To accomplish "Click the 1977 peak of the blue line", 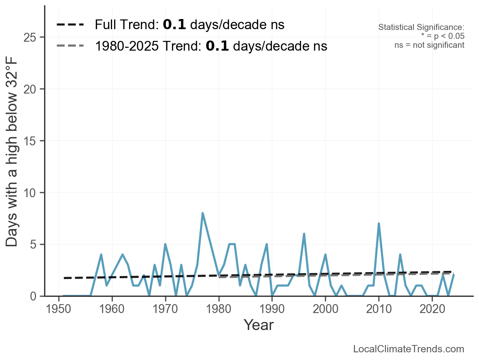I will coord(203,213).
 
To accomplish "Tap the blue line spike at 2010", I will coord(379,224).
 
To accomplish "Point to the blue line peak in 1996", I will coord(304,234).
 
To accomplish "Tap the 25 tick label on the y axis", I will coord(30,38).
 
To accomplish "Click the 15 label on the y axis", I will coord(30,141).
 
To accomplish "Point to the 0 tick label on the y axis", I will coord(34,296).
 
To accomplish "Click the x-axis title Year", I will coord(259,325).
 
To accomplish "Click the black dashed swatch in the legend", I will coord(70,25).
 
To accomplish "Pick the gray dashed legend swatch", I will coord(70,46).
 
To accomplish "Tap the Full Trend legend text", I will coord(189,25).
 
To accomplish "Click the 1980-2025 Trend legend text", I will coord(211,46).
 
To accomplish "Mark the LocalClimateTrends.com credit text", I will coord(409,349).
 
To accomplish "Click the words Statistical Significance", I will coord(421,28).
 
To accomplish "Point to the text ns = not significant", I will coord(429,45).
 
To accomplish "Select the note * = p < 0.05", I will coord(443,36).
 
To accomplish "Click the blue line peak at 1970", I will coord(165,244).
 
